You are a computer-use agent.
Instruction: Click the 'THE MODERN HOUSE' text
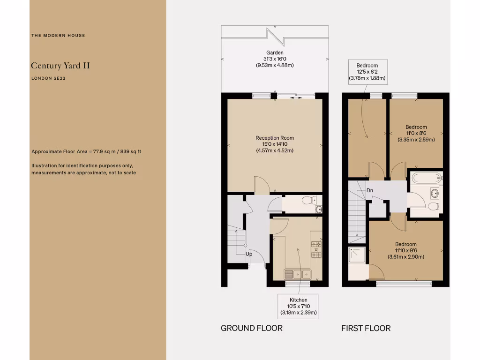coord(58,35)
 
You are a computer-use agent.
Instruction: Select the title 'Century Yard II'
coord(60,66)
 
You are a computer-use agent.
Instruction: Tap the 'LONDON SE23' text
coord(48,78)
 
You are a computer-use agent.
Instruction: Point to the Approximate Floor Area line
coord(86,151)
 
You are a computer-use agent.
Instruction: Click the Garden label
coord(275,59)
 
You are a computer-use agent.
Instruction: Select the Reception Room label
coord(275,144)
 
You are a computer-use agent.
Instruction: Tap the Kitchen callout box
coord(299,306)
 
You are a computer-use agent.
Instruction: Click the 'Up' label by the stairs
coord(249,254)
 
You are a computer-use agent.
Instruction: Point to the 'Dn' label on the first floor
coord(370,190)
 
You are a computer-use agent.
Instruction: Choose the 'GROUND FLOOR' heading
coord(252,328)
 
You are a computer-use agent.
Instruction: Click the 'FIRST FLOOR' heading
coord(366,328)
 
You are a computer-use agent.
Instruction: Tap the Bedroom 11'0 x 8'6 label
coord(416,133)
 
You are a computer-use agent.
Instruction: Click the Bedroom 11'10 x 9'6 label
coord(405,250)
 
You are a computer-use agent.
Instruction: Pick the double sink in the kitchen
coord(298,274)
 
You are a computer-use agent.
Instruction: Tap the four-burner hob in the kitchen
coord(316,249)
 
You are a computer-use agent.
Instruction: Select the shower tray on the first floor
coord(358,255)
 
